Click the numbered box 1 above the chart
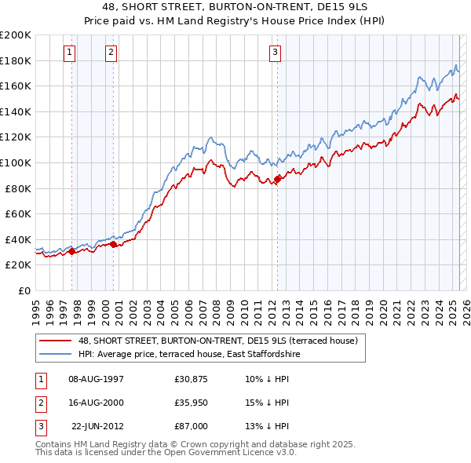70,53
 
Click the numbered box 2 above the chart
111,53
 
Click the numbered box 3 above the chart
276,53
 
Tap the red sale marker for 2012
277,180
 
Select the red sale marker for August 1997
71,251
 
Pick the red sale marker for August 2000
113,245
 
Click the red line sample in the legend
56,341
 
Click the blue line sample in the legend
56,354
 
